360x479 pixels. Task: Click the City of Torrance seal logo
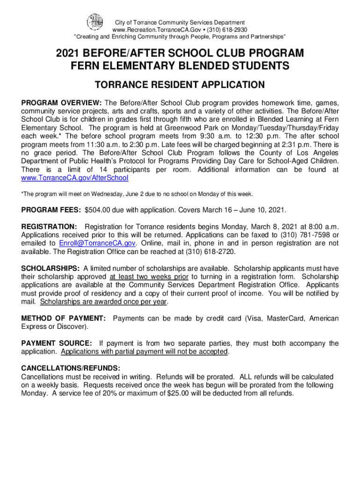click(x=95, y=22)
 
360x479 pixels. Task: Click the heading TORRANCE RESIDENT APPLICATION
click(x=180, y=85)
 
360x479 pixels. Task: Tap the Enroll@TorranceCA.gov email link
click(x=97, y=243)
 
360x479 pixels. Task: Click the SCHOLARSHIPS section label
click(x=50, y=269)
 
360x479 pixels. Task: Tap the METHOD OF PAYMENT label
click(x=64, y=319)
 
